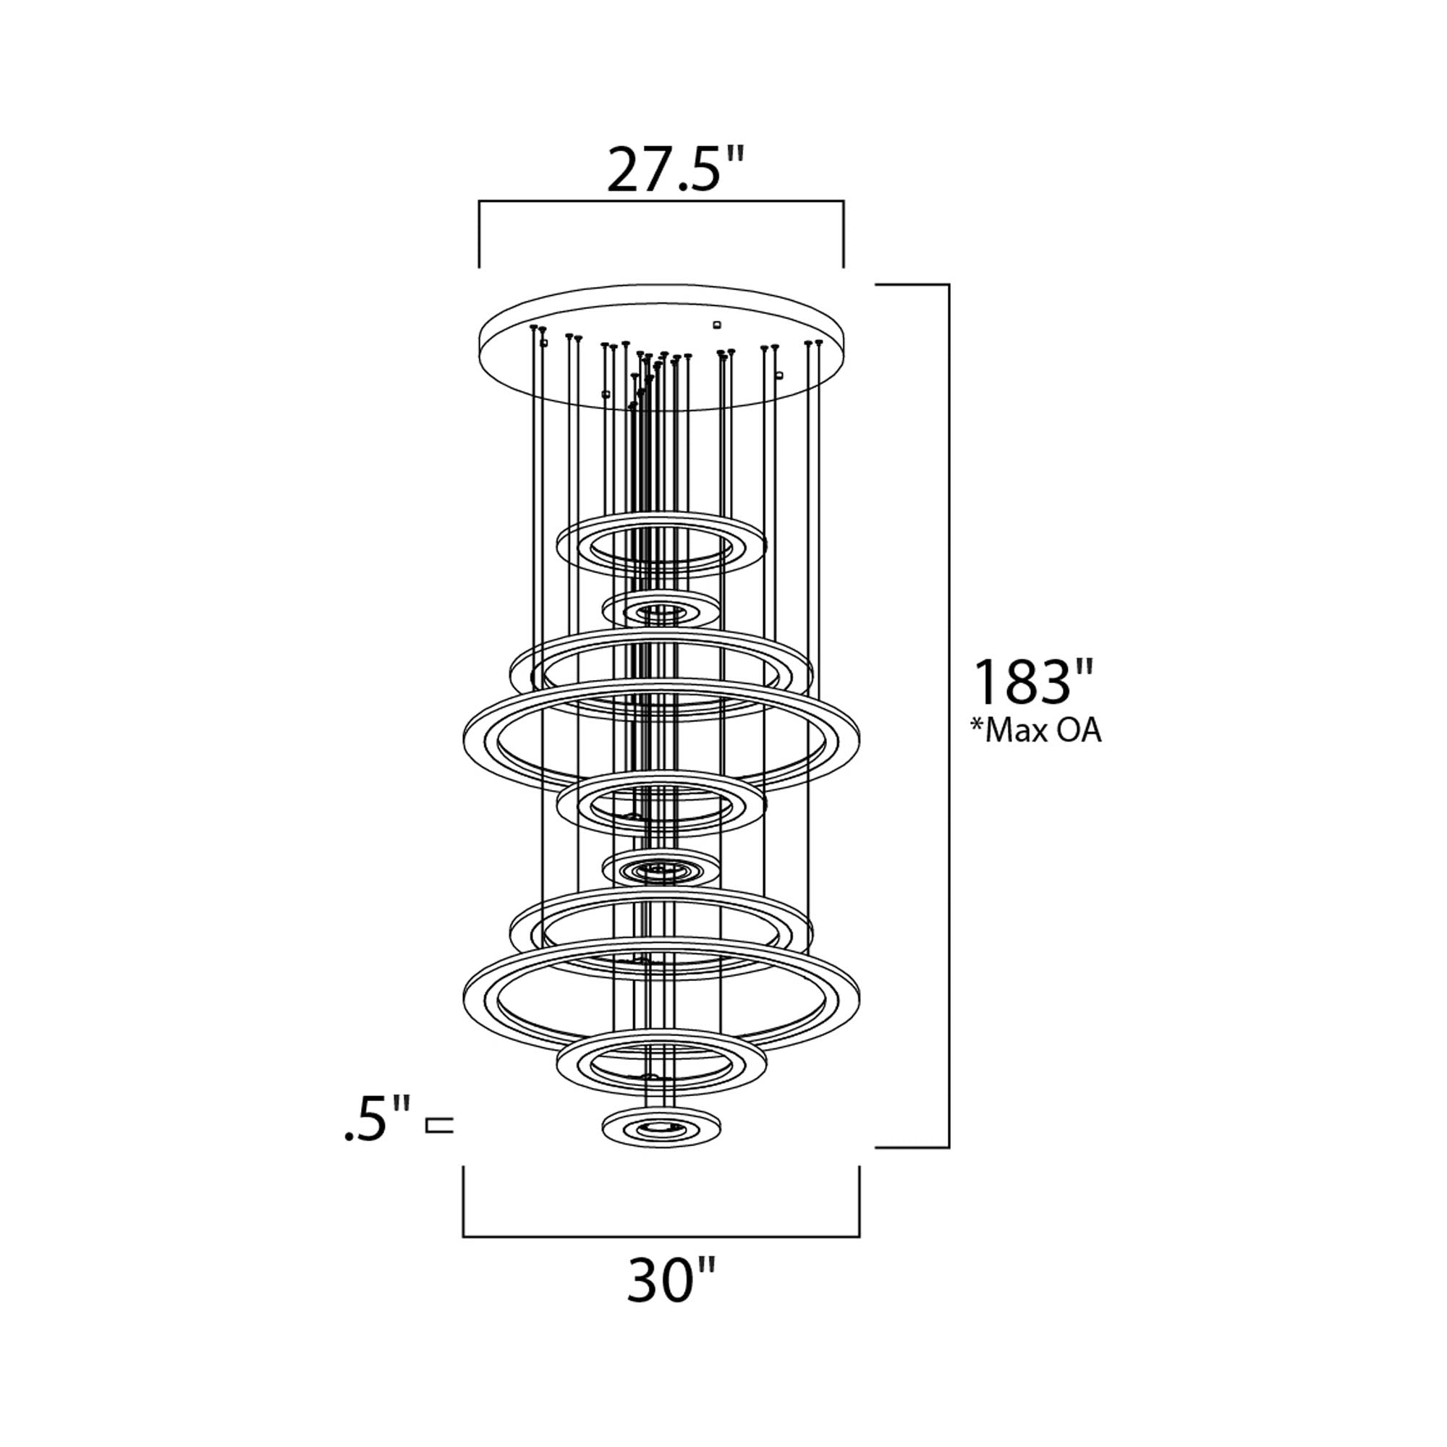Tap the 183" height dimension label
[1035, 682]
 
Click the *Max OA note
[1036, 730]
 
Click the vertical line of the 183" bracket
[949, 716]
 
